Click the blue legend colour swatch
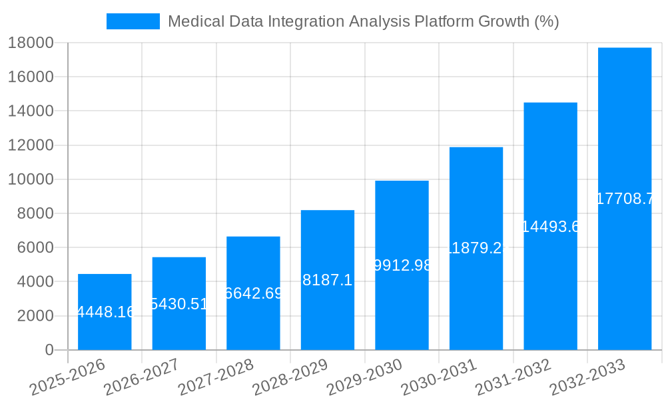pos(133,21)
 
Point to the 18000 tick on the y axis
pos(31,43)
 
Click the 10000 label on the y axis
pos(31,179)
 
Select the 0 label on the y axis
pos(49,350)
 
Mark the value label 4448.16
pos(105,312)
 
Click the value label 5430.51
pos(179,304)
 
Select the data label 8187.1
pos(327,280)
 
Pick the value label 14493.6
pos(550,227)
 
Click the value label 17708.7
pos(625,199)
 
